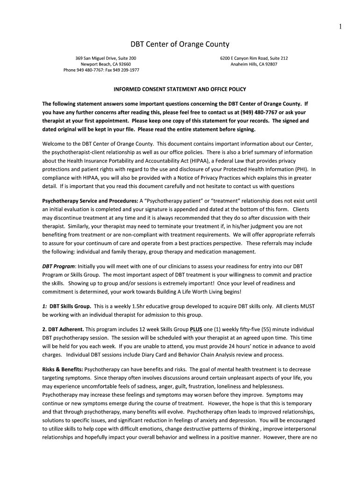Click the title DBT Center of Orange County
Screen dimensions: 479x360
pos(180,44)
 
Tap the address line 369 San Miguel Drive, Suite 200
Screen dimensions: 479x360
pos(106,58)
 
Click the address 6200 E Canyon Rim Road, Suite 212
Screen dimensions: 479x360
pos(254,58)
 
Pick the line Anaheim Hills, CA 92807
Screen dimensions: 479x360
pos(254,64)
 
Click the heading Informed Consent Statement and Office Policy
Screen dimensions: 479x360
pos(180,89)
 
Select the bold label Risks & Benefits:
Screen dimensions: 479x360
pos(63,369)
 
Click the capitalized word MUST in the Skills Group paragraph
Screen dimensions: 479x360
pos(306,306)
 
